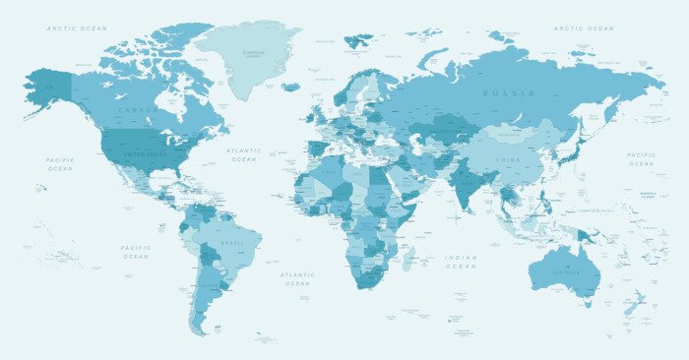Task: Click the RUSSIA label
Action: coord(508,93)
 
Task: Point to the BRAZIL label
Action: coord(232,242)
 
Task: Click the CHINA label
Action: coord(508,159)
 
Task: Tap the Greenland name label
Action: coord(253,52)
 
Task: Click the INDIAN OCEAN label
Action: coord(460,262)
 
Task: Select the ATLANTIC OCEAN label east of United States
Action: coord(243,154)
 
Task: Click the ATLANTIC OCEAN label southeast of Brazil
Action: coord(296,279)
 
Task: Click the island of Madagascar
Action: coord(407,258)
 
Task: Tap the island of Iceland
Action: coord(290,87)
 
